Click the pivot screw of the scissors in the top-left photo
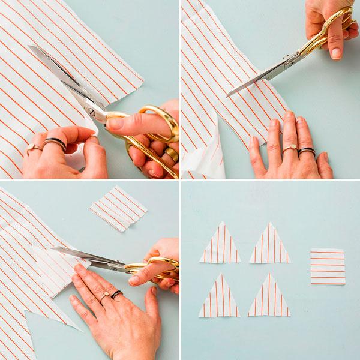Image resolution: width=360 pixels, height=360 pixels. click(92, 110)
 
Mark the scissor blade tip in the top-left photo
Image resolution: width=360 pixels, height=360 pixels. click(29, 47)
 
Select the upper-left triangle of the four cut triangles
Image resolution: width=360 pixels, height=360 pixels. click(220, 245)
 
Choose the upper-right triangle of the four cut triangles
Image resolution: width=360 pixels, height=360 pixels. click(269, 245)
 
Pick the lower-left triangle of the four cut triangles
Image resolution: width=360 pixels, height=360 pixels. click(219, 298)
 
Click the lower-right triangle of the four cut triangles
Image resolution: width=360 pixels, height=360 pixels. click(269, 298)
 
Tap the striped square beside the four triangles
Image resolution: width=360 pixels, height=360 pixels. click(328, 266)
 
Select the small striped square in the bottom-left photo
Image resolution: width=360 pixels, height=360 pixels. click(118, 208)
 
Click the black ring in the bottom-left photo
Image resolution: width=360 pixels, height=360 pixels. click(116, 295)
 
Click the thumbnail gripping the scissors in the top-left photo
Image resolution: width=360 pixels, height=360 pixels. click(114, 124)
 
